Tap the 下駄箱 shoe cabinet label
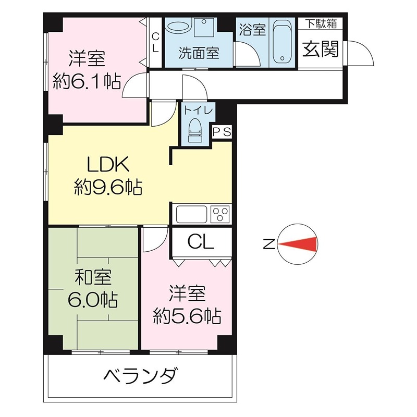tap(320, 24)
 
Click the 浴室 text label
tap(252, 30)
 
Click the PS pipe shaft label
tap(222, 132)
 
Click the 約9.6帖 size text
tap(108, 186)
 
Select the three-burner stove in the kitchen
tap(220, 214)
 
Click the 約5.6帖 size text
tap(186, 315)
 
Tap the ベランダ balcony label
tap(141, 375)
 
